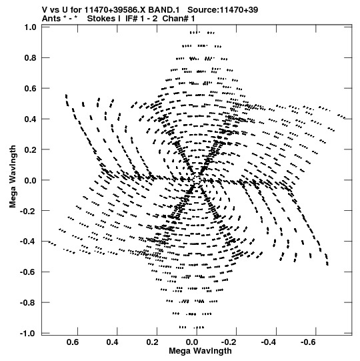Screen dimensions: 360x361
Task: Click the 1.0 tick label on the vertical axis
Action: click(x=31, y=27)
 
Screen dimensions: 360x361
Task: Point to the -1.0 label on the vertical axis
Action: click(x=28, y=334)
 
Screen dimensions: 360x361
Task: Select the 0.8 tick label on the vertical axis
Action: click(x=31, y=58)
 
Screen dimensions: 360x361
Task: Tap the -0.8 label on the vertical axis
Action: click(x=28, y=302)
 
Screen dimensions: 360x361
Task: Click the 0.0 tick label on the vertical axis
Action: click(x=31, y=180)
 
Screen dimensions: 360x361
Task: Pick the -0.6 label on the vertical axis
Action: click(x=28, y=272)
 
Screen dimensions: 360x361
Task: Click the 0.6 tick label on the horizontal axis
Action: click(x=73, y=342)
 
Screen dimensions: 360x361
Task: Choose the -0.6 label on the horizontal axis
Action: click(x=308, y=342)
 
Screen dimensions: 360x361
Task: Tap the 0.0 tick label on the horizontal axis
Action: click(x=192, y=342)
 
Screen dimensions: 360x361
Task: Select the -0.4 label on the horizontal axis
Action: click(x=268, y=342)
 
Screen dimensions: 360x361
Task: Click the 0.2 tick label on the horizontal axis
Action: click(x=152, y=342)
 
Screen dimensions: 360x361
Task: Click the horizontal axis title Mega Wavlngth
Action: click(x=200, y=351)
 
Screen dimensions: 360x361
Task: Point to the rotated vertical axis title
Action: click(x=13, y=177)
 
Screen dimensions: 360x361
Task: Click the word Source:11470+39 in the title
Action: click(x=223, y=10)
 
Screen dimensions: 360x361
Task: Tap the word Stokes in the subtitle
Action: click(x=103, y=19)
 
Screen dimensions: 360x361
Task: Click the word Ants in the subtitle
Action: click(x=51, y=19)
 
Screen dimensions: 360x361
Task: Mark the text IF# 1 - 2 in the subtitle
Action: click(x=141, y=19)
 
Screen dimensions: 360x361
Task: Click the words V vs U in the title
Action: click(x=55, y=10)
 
